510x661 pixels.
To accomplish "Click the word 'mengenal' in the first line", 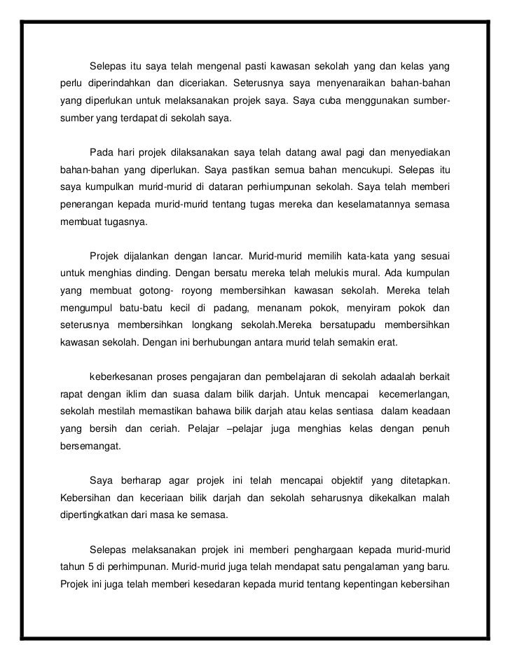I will pyautogui.click(x=222, y=67).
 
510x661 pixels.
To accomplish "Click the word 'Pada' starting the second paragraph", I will pyautogui.click(x=102, y=152).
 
